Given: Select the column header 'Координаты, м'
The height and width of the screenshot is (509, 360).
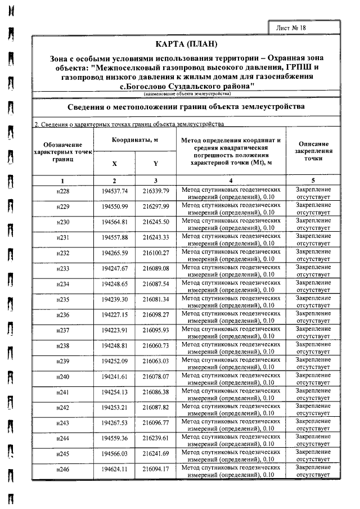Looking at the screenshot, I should (x=135, y=140).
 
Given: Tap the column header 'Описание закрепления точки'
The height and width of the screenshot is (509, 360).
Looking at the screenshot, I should (x=313, y=151).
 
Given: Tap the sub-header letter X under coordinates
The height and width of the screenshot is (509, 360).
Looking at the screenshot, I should (x=115, y=164).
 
